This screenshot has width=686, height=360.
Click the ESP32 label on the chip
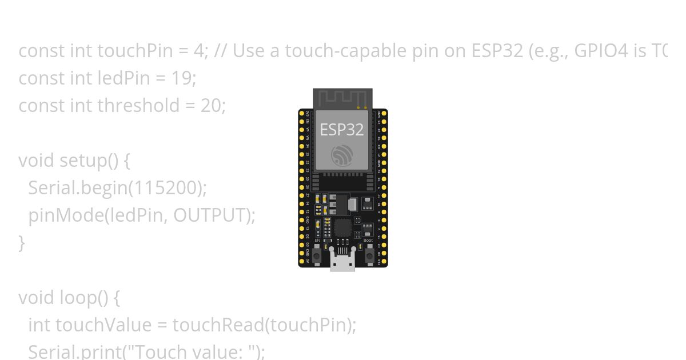coord(342,130)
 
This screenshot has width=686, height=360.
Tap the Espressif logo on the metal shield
coord(342,155)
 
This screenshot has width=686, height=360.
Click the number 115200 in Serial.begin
coord(168,188)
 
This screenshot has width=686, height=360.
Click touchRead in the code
coord(218,325)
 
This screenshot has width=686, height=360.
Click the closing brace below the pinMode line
coord(22,243)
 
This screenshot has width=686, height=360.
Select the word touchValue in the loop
coord(103,325)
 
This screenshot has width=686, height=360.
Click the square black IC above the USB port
coord(343,227)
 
